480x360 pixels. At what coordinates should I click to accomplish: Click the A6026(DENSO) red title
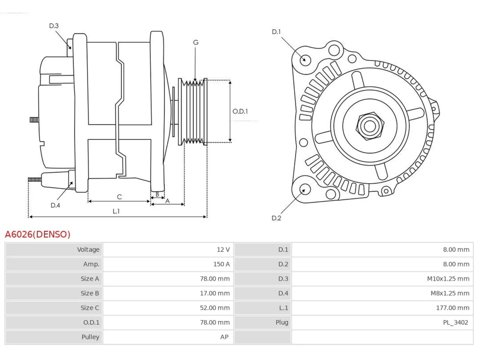[x=37, y=234]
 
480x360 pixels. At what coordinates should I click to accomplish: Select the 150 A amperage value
[x=221, y=264]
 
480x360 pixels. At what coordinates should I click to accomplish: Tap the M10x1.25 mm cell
[x=448, y=279]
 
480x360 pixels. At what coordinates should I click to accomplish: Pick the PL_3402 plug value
[x=456, y=322]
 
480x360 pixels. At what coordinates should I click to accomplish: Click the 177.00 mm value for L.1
[x=453, y=308]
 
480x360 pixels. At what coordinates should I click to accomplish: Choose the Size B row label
[x=90, y=293]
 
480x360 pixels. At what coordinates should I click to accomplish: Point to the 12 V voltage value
[x=223, y=249]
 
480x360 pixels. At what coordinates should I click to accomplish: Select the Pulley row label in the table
[x=90, y=337]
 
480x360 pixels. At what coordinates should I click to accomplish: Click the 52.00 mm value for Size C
[x=215, y=308]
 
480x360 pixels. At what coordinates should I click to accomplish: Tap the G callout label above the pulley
[x=196, y=42]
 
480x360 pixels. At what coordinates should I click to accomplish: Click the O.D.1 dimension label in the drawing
[x=240, y=111]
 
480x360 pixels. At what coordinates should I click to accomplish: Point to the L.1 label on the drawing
[x=116, y=211]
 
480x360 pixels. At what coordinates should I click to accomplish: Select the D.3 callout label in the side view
[x=54, y=26]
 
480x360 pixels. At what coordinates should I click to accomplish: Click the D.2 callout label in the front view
[x=276, y=218]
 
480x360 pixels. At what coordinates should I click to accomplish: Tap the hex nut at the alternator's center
[x=370, y=126]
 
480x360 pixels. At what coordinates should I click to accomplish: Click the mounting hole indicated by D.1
[x=305, y=60]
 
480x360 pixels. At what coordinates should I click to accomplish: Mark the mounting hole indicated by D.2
[x=305, y=189]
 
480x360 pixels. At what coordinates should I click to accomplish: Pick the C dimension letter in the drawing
[x=119, y=197]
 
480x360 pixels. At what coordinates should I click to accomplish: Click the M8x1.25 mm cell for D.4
[x=450, y=293]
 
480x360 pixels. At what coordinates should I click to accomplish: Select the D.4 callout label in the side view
[x=55, y=205]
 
